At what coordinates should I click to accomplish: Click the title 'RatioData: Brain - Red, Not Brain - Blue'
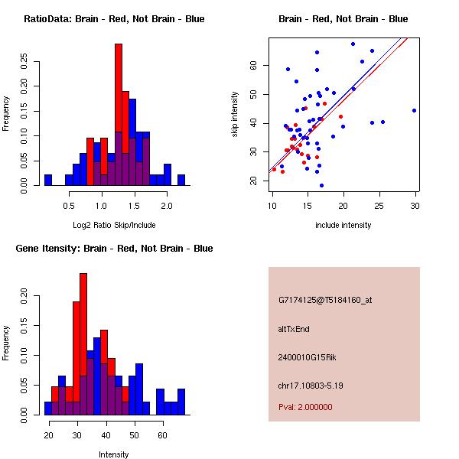[x=114, y=19]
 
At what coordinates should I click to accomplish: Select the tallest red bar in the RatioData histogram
[x=119, y=115]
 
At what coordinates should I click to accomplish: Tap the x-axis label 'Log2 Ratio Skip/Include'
[x=114, y=225]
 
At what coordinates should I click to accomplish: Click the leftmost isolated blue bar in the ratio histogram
[x=48, y=180]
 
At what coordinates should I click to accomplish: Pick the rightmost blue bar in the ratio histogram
[x=181, y=180]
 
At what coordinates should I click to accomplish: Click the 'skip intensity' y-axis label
[x=235, y=115]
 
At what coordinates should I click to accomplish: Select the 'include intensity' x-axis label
[x=343, y=225]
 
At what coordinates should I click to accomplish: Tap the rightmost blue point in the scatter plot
[x=414, y=110]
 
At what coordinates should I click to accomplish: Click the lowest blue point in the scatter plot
[x=322, y=185]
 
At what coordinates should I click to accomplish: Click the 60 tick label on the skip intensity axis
[x=253, y=65]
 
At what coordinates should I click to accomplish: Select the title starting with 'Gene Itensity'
[x=114, y=249]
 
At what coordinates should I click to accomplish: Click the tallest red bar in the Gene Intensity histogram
[x=83, y=344]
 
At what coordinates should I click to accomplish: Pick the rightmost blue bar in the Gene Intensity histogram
[x=181, y=402]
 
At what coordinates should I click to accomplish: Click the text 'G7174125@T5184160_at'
[x=325, y=300]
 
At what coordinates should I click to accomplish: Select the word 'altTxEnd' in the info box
[x=294, y=329]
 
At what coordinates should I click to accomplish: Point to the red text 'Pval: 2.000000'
[x=305, y=407]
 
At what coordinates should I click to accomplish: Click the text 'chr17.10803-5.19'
[x=311, y=386]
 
